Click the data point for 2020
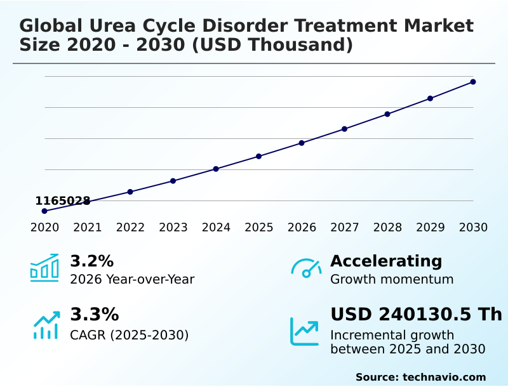(44, 211)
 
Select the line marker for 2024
(216, 169)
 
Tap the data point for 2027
(344, 129)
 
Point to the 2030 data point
(473, 82)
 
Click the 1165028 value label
(62, 201)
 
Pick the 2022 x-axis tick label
(130, 228)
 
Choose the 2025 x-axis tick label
(259, 228)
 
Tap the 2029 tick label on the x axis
(431, 228)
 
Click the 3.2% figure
(91, 261)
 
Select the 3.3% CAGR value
(94, 314)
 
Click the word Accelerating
(386, 261)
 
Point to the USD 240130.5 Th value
(416, 314)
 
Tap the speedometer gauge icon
(306, 268)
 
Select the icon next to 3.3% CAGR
(46, 325)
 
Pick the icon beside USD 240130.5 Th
(305, 331)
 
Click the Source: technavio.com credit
(420, 377)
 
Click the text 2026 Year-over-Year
(132, 279)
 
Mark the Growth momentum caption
(392, 279)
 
